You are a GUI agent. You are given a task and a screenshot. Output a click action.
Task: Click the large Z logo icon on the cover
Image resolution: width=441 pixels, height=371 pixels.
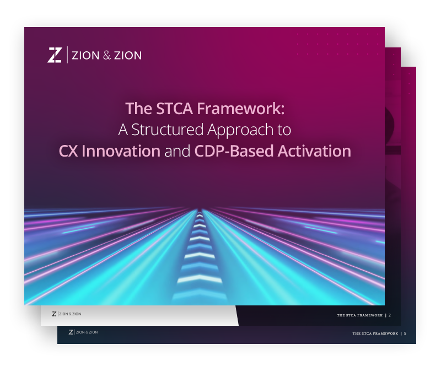tap(55, 55)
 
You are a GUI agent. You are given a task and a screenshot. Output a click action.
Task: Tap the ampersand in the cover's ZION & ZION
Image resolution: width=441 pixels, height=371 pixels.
tap(105, 55)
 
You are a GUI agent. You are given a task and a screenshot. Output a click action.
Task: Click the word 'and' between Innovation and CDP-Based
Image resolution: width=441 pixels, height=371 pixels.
tap(178, 151)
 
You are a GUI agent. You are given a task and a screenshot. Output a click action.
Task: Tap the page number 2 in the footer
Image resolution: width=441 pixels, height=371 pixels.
tap(390, 315)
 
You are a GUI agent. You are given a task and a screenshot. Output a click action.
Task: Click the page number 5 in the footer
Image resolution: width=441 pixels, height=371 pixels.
tap(405, 333)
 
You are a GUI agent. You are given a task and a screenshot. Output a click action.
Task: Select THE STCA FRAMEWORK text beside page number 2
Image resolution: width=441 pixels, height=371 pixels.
tap(359, 315)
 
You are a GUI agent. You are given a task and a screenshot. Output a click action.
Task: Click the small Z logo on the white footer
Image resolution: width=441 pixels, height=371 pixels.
tap(54, 314)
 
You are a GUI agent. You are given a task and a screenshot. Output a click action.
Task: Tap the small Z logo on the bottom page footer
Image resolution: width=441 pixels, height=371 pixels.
tap(71, 332)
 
